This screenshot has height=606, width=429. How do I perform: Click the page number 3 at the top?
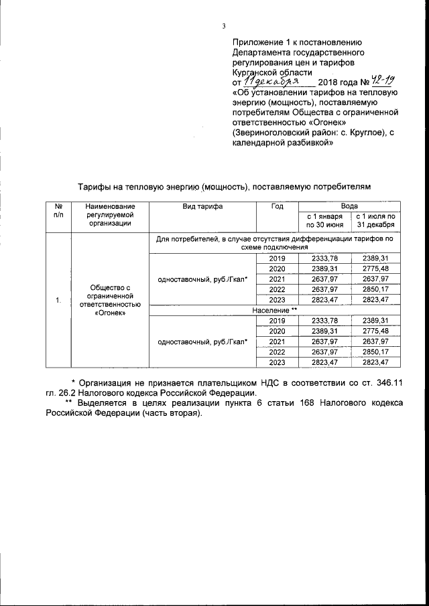click(224, 27)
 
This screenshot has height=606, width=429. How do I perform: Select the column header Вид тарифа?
click(202, 207)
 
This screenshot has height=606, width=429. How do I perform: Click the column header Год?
click(277, 207)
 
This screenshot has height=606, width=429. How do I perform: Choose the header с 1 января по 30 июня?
click(324, 221)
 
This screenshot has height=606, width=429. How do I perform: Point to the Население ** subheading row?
click(275, 311)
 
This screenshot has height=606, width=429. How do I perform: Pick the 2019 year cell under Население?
click(277, 321)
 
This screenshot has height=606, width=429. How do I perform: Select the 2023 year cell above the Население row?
click(277, 300)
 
